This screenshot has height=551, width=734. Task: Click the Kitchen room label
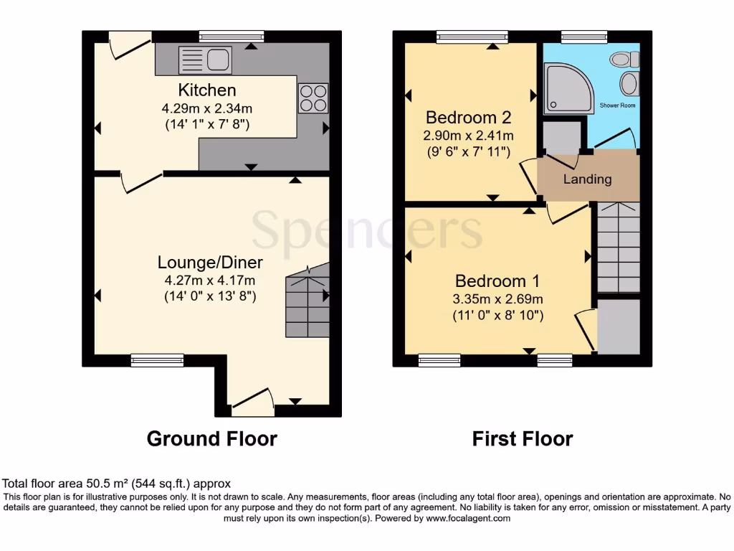[207, 90]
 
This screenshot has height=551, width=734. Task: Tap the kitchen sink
[205, 60]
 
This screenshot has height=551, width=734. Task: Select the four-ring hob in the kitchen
[313, 99]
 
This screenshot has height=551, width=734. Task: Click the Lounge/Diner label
[211, 262]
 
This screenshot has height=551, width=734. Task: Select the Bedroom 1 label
[497, 281]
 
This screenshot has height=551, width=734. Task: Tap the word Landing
[587, 179]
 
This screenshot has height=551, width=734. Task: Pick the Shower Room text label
[617, 105]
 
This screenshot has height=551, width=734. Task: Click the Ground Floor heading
[211, 438]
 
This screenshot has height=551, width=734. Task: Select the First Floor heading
[523, 438]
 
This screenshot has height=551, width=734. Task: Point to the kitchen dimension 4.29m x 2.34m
[207, 109]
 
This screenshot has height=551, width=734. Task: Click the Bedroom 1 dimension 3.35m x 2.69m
[497, 299]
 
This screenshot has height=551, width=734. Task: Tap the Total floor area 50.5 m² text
[117, 484]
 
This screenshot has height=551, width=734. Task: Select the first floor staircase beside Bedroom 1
[618, 248]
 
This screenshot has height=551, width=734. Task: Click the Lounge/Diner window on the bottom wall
[157, 360]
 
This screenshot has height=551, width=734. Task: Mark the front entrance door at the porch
[252, 402]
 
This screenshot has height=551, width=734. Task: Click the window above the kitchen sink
[232, 36]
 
